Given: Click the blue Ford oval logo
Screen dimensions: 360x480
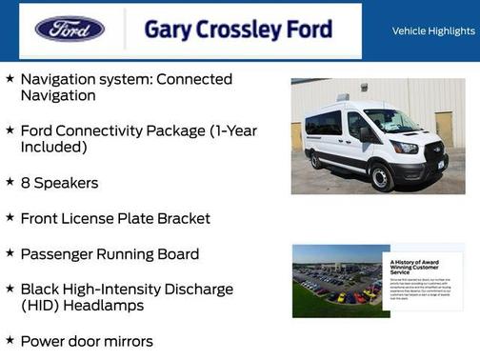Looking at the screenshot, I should coord(70,30).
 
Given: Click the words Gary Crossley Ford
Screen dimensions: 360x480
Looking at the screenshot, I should coord(238,30).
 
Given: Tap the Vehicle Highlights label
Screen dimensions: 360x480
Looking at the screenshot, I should coord(433,30).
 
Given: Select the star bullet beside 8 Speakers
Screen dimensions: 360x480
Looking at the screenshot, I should coord(10,182).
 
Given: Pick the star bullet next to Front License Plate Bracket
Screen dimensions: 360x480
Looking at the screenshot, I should coord(10,218).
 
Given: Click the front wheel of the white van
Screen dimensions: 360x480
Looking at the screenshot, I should coord(382,177).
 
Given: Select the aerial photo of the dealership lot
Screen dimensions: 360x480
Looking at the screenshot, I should coord(336,281).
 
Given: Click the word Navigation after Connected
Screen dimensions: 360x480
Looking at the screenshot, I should coord(57,95).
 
